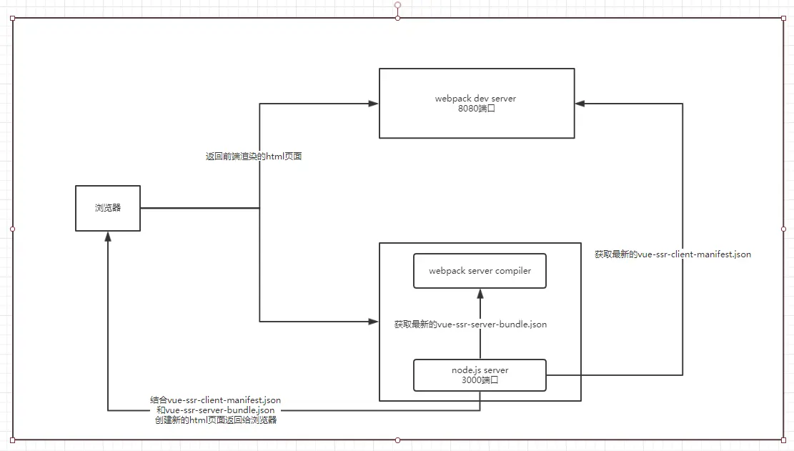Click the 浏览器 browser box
pyautogui.click(x=108, y=208)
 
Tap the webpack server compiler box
pyautogui.click(x=480, y=271)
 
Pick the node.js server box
pyautogui.click(x=480, y=375)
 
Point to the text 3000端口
pyautogui.click(x=480, y=380)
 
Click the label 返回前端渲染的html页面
pyautogui.click(x=254, y=156)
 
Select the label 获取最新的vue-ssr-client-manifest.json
pyautogui.click(x=673, y=254)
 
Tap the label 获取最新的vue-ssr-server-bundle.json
pyautogui.click(x=470, y=324)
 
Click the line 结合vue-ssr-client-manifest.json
pyautogui.click(x=215, y=400)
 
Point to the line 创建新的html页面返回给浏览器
pyautogui.click(x=215, y=420)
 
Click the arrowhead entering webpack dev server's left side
pyautogui.click(x=373, y=104)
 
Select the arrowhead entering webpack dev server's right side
pyautogui.click(x=580, y=104)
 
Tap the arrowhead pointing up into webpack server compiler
pyautogui.click(x=480, y=293)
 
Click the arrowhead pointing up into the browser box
pyautogui.click(x=107, y=237)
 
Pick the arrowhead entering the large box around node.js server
pyautogui.click(x=373, y=322)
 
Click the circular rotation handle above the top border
pyautogui.click(x=397, y=5)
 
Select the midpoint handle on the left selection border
pyautogui.click(x=12, y=229)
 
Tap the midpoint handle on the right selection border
pyautogui.click(x=783, y=229)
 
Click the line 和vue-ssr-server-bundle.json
pyautogui.click(x=215, y=410)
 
